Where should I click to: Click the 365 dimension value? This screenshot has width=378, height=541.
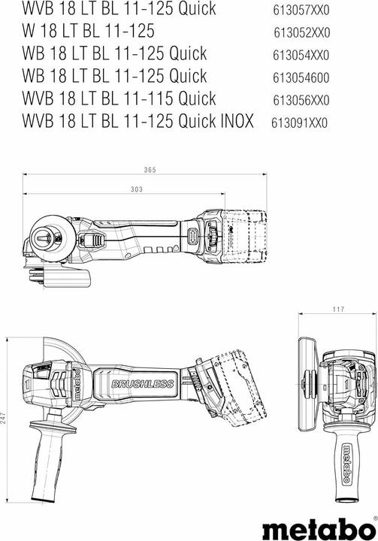click(150, 171)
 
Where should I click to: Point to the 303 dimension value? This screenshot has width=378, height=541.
click(136, 190)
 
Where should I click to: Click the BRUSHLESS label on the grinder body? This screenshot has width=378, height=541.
click(142, 385)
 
